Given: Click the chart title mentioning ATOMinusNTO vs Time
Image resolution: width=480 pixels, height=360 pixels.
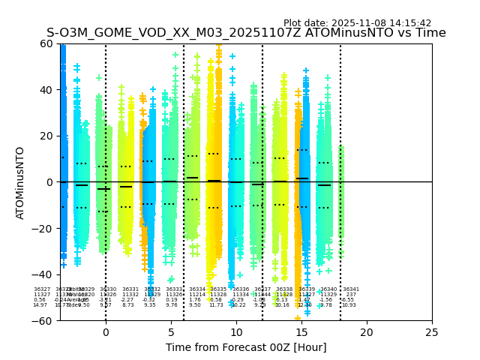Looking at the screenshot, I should point(246,33).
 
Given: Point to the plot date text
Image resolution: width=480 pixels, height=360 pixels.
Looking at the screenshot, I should point(357,23).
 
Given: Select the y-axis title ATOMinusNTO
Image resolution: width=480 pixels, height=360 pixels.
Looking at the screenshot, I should point(20,182).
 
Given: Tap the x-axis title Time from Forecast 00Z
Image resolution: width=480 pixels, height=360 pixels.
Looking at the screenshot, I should point(246,347).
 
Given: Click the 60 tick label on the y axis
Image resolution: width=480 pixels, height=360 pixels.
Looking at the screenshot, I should point(46,43).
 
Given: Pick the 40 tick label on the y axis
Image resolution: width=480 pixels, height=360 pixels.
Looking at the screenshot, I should point(46,90).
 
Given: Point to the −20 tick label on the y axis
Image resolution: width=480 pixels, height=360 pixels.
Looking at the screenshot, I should point(43,229).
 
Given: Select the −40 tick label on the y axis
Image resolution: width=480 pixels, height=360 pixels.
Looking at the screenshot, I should point(43,274).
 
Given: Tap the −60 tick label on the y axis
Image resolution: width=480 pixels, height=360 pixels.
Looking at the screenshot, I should point(43,321).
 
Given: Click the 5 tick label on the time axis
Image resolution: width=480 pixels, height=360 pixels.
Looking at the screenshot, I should point(171,332).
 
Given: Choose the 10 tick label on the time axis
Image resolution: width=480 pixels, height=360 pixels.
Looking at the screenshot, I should point(236,332).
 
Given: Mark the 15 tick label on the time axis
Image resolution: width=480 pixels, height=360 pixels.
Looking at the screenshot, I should point(301,332).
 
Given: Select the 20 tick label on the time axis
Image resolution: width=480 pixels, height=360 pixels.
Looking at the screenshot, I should point(367,332).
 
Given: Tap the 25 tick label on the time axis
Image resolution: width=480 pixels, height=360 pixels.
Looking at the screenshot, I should point(432,332).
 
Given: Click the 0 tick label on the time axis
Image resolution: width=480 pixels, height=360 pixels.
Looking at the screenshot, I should point(106,332).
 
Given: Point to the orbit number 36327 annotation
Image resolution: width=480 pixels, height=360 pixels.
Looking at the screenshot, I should point(42,289).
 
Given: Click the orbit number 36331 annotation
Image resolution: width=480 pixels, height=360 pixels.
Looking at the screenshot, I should point(130,289).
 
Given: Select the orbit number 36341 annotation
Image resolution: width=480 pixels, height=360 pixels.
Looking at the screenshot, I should point(351,289).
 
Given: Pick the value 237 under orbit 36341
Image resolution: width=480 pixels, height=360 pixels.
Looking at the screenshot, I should point(349,295).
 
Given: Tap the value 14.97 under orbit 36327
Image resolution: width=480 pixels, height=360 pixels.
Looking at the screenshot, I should point(40,305).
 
